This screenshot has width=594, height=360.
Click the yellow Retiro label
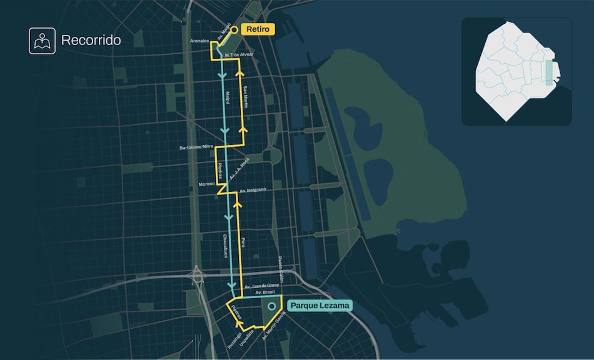pos(258,29)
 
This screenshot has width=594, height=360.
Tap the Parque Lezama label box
pos(320,306)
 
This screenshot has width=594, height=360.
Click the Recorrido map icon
pos(42,41)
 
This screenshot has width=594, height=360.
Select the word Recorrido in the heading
pos(91,41)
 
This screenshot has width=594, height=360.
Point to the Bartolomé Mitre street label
pos(196,147)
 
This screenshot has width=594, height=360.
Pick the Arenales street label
pos(200,41)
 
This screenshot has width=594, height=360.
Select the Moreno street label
pos(206,184)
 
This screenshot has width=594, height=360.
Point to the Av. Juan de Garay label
pos(262,285)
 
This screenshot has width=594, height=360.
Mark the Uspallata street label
pos(251,338)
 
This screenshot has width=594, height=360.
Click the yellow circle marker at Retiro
pos(234,29)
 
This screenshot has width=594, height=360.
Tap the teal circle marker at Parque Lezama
pos(271,306)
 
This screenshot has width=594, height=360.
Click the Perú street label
pos(244,242)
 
